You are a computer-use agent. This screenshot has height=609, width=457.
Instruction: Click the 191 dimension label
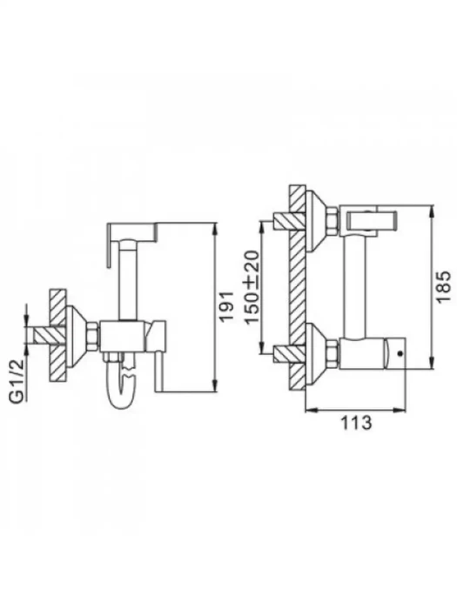click(226, 306)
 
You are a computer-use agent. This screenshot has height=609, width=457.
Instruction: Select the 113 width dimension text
click(356, 422)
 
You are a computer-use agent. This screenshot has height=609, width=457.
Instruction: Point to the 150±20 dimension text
click(252, 287)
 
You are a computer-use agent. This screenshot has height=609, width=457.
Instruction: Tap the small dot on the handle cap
click(400, 354)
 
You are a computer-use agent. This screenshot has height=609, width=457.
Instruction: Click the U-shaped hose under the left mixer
click(121, 384)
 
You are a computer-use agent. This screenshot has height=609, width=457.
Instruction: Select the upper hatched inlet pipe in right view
click(289, 221)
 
